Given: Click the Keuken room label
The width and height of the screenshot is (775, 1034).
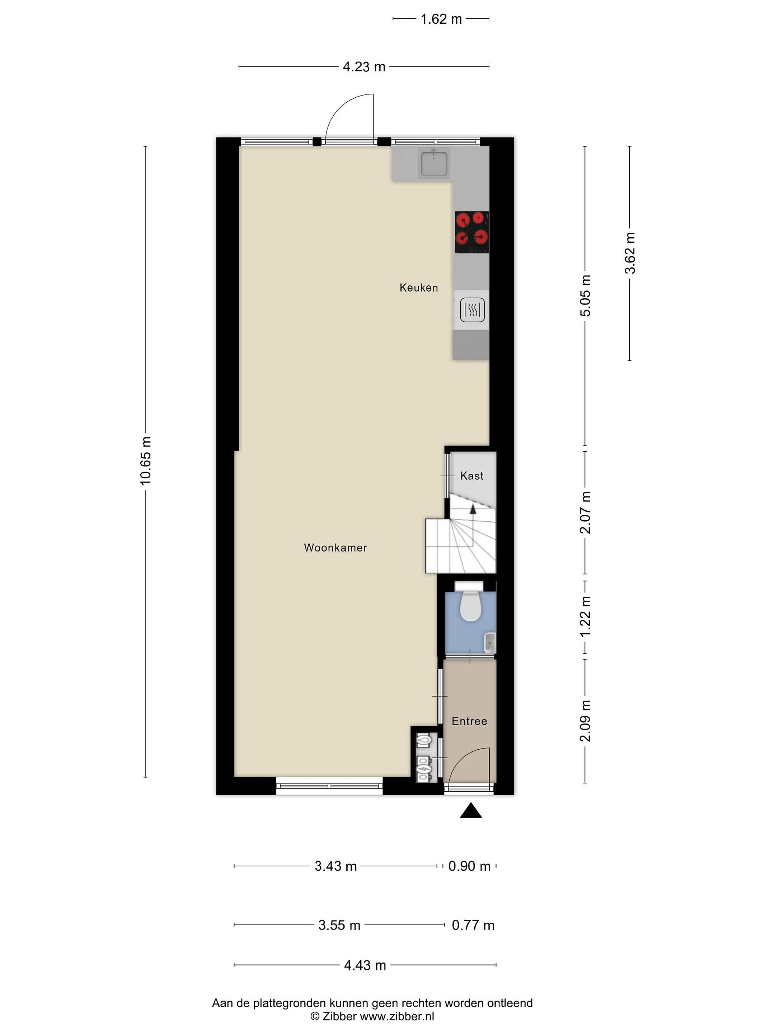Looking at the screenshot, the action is click(x=419, y=288).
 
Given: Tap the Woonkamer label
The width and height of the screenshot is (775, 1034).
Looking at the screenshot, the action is click(x=335, y=548).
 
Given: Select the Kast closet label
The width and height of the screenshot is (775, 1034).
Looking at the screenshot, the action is click(x=471, y=476).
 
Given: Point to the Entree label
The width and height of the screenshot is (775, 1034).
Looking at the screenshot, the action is click(x=469, y=721).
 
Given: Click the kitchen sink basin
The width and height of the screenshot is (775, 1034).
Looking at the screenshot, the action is click(x=435, y=164).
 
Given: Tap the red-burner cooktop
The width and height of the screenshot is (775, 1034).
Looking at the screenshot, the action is click(x=472, y=232).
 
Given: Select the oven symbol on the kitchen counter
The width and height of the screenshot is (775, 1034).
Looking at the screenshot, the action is click(x=472, y=310).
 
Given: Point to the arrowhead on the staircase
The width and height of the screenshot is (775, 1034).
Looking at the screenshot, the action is click(x=473, y=509).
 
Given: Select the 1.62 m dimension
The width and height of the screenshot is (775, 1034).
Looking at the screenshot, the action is click(x=441, y=19).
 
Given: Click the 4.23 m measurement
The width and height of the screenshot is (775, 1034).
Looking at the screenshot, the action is click(x=364, y=67).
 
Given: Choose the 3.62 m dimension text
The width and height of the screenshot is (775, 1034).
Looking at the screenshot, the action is click(x=630, y=253).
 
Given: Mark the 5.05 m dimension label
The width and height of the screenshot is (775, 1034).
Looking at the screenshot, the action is click(x=585, y=295).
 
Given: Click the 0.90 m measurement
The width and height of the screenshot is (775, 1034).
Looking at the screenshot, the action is click(x=469, y=866).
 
